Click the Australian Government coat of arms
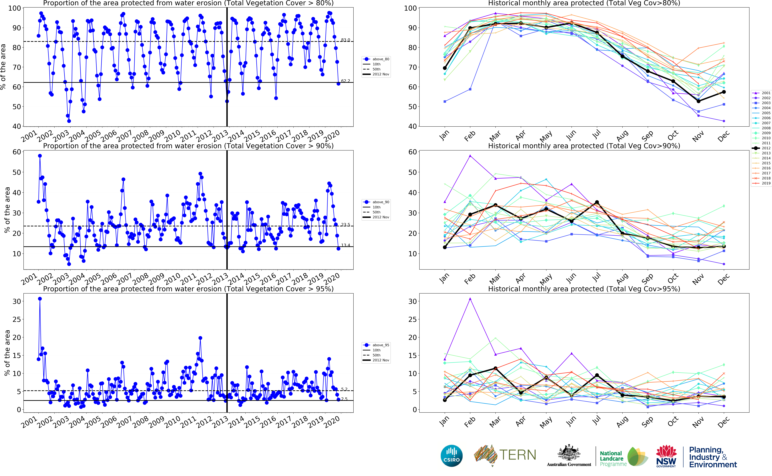(x=569, y=453)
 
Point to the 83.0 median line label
(x=345, y=40)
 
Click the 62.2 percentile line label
(x=345, y=81)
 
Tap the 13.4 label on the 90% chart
(x=345, y=245)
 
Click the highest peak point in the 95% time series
(x=40, y=299)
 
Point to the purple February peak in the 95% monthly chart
(x=470, y=299)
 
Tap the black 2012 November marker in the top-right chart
(x=698, y=101)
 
